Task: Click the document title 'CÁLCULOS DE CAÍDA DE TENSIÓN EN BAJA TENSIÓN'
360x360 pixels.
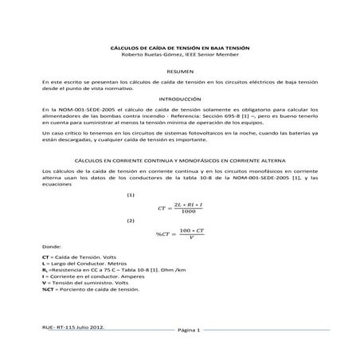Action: [179, 49]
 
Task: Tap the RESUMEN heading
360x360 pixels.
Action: [179, 72]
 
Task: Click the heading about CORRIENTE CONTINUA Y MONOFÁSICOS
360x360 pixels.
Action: [179, 160]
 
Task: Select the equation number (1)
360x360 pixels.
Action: [131, 195]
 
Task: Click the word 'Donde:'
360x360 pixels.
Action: [51, 248]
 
